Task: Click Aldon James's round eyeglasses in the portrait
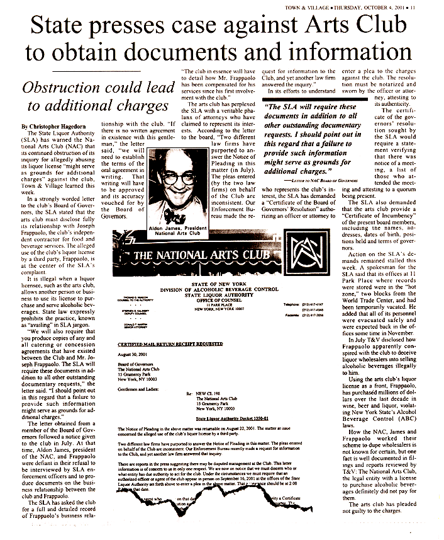(x=189, y=174)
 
